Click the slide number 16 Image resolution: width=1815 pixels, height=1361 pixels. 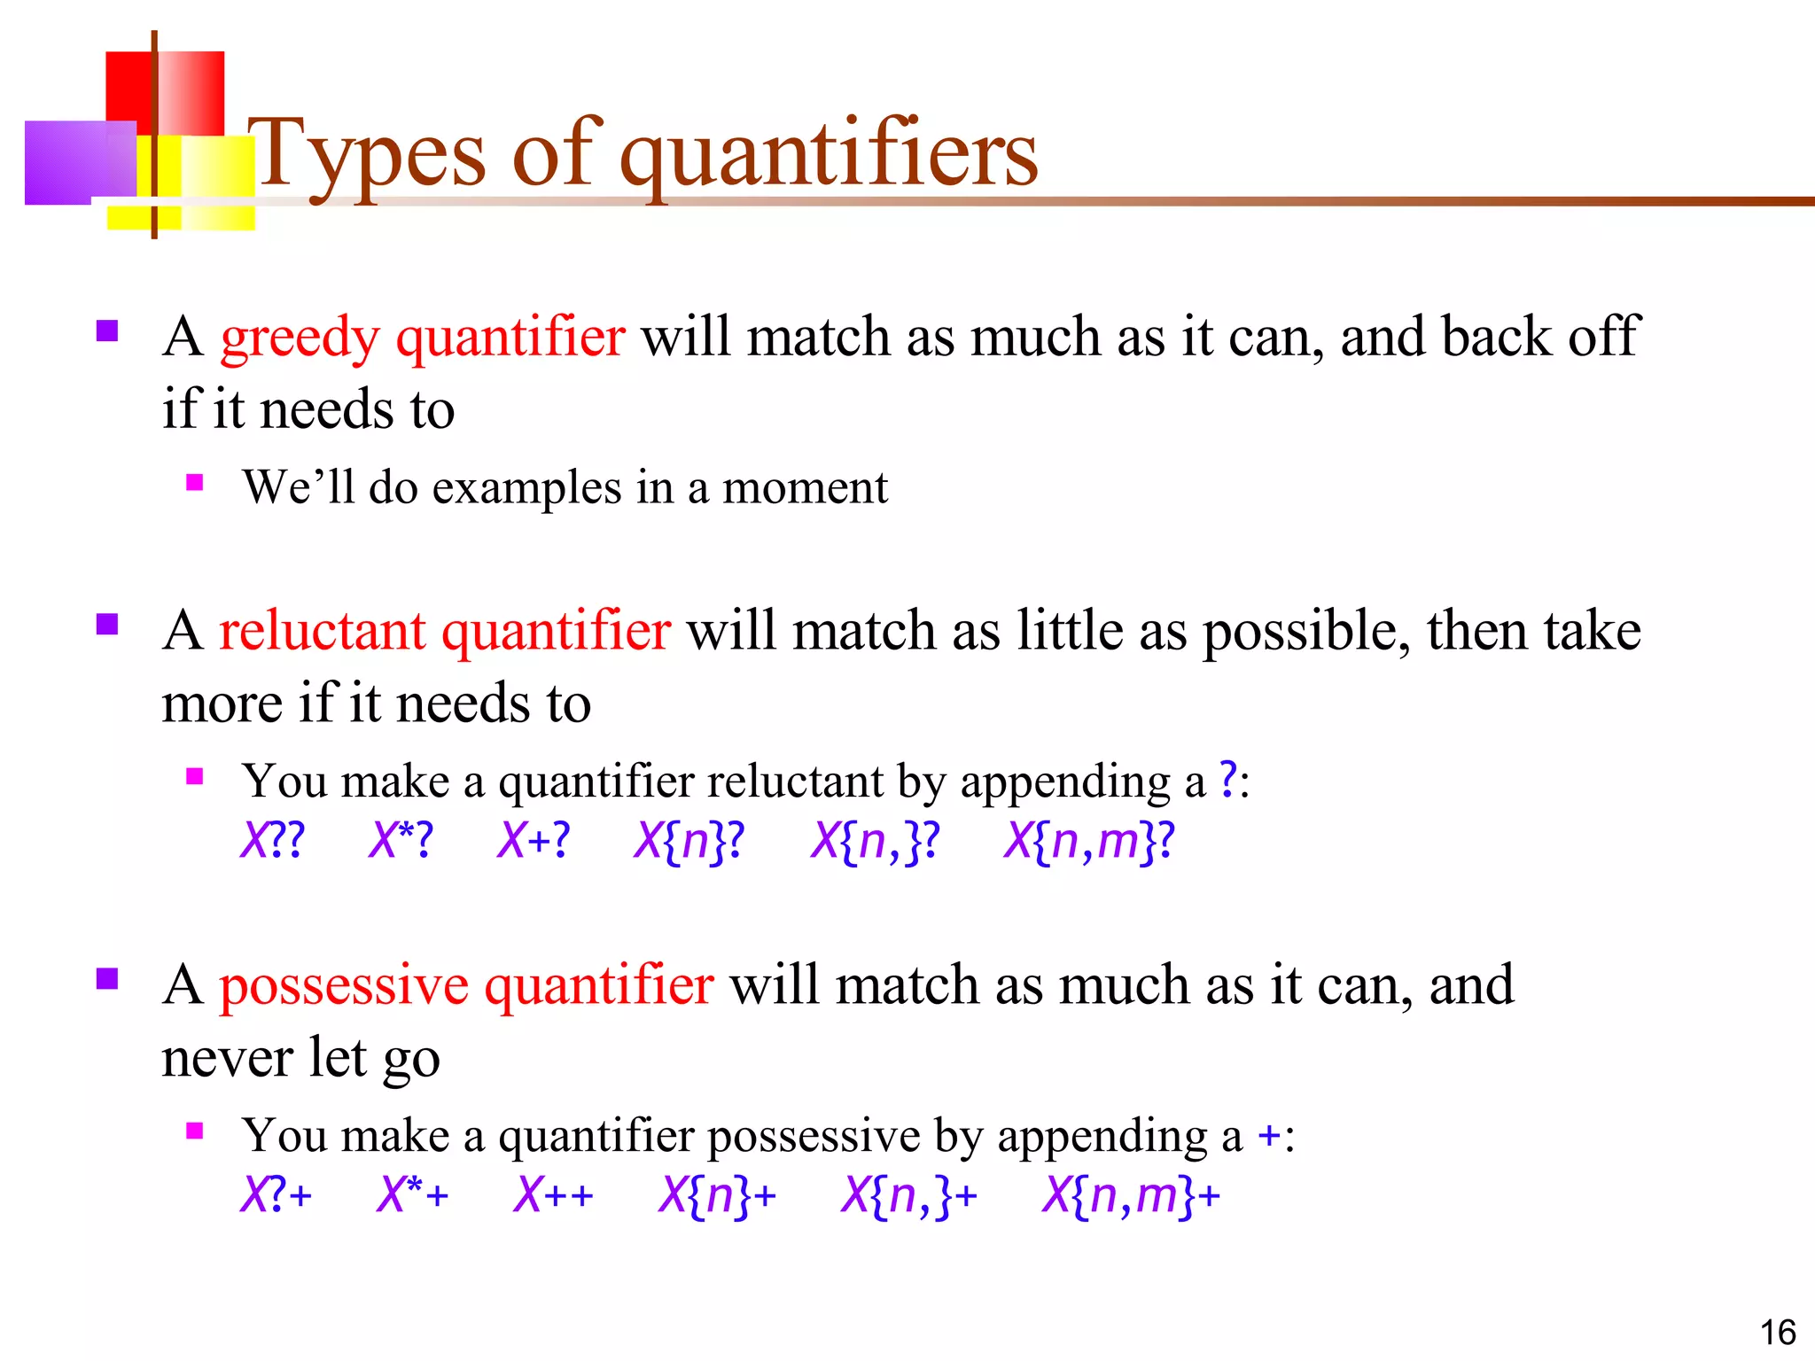pos(1777,1333)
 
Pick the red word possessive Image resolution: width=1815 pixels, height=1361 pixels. pos(344,986)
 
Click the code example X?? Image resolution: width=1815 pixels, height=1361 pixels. pos(272,840)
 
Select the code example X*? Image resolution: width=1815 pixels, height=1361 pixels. pos(401,840)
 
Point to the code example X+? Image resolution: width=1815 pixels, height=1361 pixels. pos(533,840)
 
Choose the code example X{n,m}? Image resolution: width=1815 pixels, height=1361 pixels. pos(1088,840)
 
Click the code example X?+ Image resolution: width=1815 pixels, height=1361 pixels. pos(276,1194)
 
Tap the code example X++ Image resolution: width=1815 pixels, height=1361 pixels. pos(553,1194)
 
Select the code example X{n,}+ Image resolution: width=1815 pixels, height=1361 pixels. pos(908,1194)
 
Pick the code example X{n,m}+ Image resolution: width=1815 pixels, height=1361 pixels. pos(1131,1194)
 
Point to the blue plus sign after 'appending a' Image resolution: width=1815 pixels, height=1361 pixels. pos(1269,1135)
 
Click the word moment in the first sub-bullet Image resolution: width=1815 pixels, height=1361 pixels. pos(805,488)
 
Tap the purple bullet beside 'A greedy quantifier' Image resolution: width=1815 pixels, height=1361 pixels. pos(107,331)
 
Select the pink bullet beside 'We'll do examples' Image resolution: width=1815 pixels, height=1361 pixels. pos(195,483)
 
